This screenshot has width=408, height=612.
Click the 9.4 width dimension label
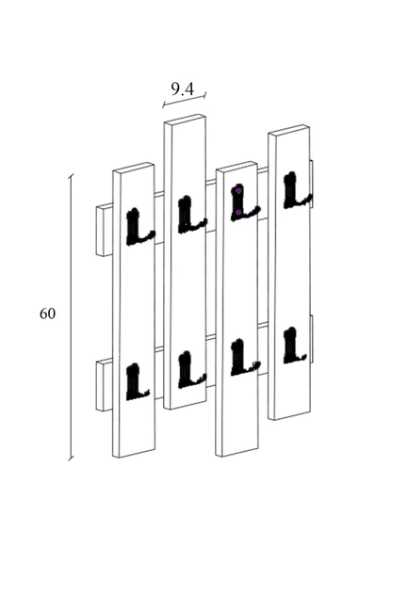click(x=183, y=89)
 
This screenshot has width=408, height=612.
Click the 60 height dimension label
click(x=47, y=314)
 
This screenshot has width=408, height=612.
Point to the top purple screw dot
click(x=238, y=191)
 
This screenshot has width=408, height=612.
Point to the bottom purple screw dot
click(x=237, y=213)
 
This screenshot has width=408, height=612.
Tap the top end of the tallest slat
click(x=185, y=119)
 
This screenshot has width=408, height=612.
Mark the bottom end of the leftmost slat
click(x=134, y=453)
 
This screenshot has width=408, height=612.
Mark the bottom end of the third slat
click(x=237, y=452)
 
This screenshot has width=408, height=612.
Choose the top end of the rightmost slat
click(x=289, y=130)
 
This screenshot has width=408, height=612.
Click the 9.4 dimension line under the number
click(x=185, y=100)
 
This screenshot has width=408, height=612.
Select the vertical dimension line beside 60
click(x=71, y=317)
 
